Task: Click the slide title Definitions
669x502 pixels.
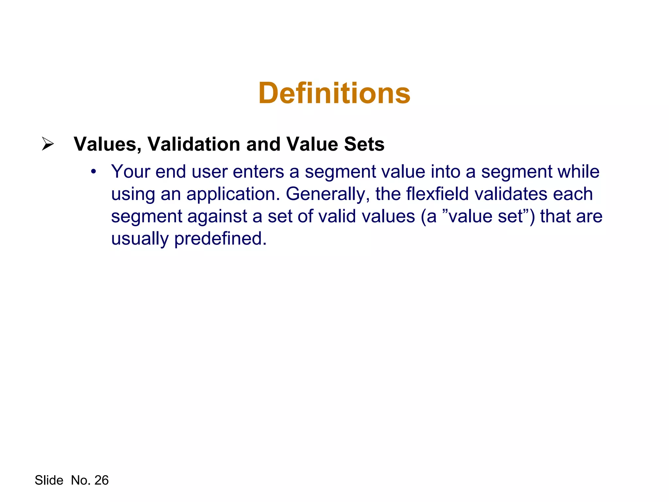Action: [x=334, y=93]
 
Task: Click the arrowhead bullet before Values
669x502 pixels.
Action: [x=48, y=144]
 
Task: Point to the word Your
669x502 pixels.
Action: [x=130, y=172]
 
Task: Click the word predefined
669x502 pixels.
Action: [x=220, y=239]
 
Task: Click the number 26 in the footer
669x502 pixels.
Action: [x=102, y=480]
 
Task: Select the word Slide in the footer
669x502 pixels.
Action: [x=49, y=480]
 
